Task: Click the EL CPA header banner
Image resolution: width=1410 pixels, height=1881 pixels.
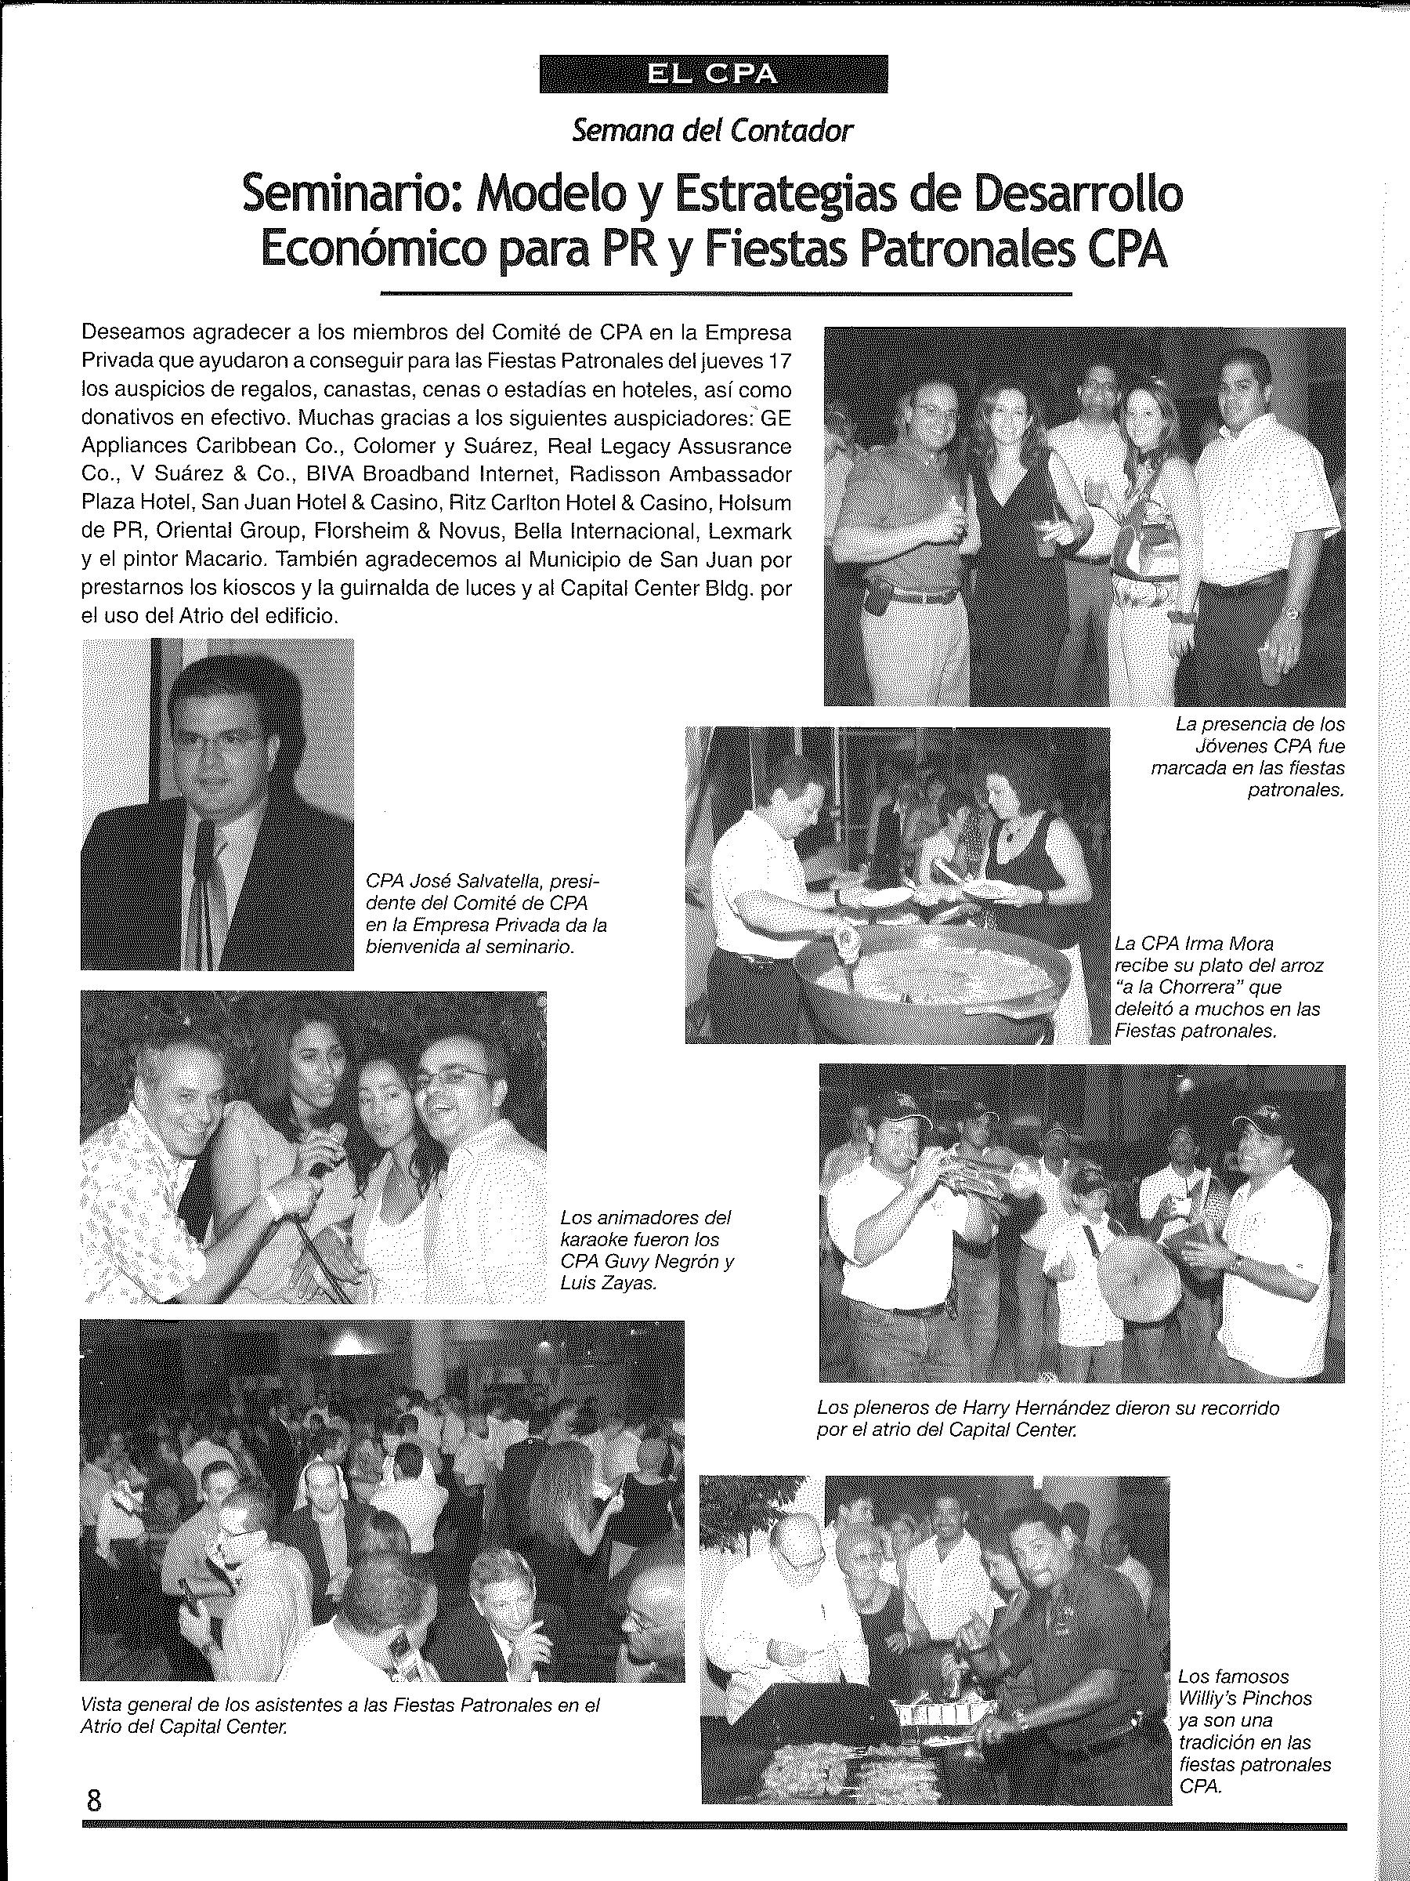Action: [713, 74]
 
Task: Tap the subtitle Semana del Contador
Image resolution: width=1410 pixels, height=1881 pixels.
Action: [712, 131]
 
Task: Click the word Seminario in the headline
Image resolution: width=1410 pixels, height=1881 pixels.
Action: [349, 194]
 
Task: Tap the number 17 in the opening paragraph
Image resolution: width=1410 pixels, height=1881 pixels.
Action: [778, 361]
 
